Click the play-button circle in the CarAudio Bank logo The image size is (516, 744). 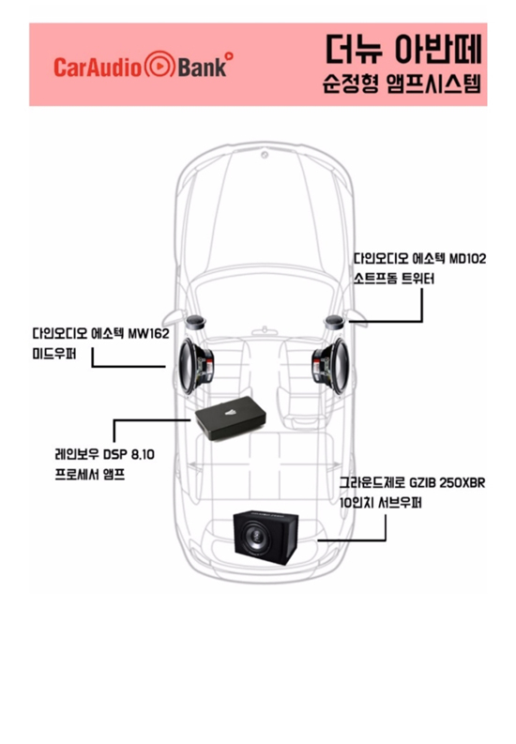[x=159, y=65]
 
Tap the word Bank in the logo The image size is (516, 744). [x=202, y=67]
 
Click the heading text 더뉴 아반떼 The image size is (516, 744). [x=403, y=49]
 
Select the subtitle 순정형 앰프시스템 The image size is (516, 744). [x=402, y=84]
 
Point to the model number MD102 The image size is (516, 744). [x=467, y=259]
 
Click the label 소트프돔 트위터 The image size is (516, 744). [x=394, y=279]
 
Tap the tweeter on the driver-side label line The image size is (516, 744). [x=334, y=322]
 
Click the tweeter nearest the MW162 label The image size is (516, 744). [x=195, y=322]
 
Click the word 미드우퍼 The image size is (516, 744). [x=54, y=354]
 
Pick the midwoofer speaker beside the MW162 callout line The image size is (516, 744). [x=196, y=366]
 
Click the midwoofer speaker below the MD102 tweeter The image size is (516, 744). [x=330, y=366]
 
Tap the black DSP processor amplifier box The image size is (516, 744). [x=231, y=418]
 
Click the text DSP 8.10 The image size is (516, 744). [x=129, y=454]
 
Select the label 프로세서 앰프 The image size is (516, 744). [x=90, y=475]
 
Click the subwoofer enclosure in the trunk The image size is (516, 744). [x=266, y=539]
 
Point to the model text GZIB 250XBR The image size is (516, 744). [x=448, y=483]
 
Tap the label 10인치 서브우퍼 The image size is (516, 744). [x=380, y=503]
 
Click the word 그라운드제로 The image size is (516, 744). [x=372, y=483]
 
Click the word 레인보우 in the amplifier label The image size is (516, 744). [x=77, y=454]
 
